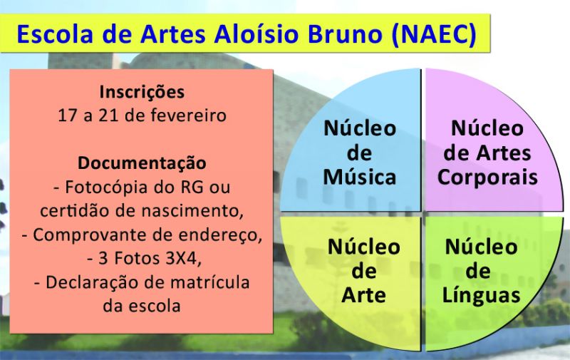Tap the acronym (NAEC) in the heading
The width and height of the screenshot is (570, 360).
434,35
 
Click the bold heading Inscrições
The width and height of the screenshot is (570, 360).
142,93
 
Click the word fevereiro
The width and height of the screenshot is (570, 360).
188,115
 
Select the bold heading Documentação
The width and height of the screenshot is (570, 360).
142,164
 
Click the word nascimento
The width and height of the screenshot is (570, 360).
192,211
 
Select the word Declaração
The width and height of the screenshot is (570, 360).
93,283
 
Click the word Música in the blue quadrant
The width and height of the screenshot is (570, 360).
359,177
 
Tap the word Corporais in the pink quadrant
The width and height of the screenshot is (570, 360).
487,178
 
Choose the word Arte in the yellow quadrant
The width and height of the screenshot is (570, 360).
363,294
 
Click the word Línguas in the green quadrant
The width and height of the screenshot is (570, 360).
482,296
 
